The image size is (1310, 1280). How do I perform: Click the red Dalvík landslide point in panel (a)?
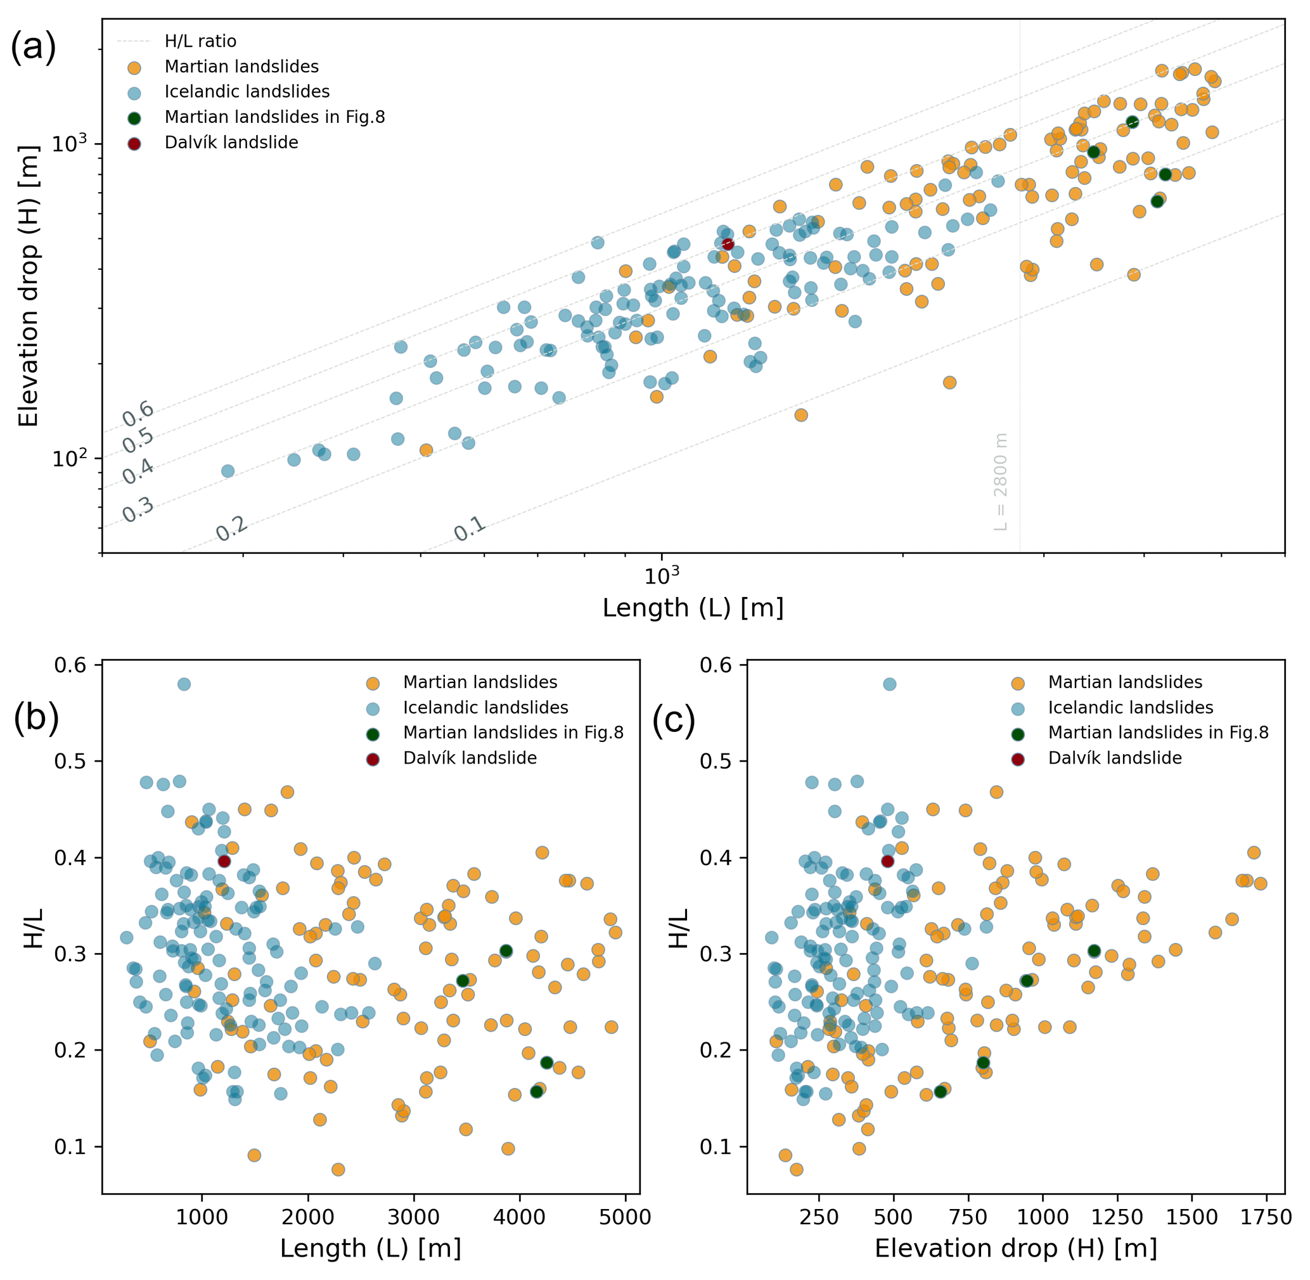728,244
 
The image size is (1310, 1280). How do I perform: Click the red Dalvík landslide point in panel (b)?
224,861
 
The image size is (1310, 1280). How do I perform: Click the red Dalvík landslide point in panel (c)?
888,861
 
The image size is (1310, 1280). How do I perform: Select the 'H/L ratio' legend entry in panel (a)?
200,42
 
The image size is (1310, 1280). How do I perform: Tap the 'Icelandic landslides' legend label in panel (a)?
247,91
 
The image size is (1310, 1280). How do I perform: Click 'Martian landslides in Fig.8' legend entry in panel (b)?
513,732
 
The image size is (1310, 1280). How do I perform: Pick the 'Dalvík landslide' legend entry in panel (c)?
1114,758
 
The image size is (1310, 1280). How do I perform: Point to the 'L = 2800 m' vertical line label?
1001,482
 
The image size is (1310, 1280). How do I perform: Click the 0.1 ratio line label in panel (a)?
470,529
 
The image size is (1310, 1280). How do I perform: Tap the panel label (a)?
34,49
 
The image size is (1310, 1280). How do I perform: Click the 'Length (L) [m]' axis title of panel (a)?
693,608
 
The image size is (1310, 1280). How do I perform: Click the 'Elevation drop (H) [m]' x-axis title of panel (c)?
1015,1248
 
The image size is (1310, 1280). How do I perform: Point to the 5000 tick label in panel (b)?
626,1217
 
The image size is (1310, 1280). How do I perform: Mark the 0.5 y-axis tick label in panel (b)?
70,761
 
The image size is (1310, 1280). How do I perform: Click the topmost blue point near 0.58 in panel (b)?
184,684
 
